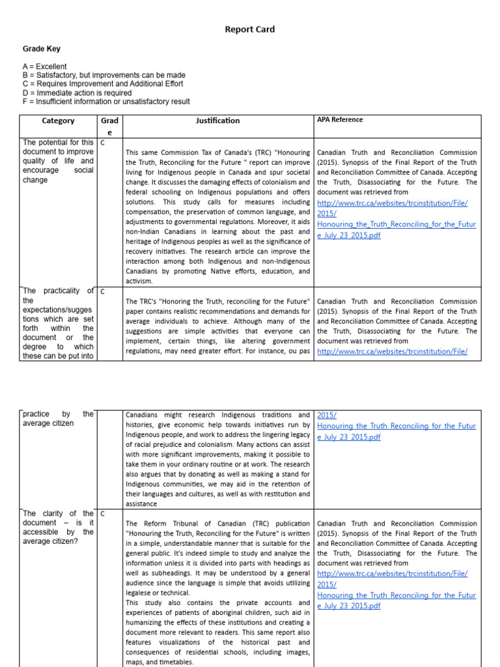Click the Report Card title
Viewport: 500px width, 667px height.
coord(250,29)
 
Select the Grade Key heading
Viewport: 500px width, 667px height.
coord(42,49)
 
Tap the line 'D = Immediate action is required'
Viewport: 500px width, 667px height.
coord(77,93)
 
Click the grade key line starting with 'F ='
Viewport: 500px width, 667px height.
coord(106,102)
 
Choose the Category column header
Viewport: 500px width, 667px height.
coord(58,121)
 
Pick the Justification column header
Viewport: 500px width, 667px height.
coord(217,121)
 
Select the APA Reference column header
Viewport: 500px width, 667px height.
coord(340,120)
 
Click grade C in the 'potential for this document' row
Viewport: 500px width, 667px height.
coord(103,143)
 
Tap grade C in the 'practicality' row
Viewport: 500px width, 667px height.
coord(103,292)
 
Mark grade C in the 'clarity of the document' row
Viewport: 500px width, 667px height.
coord(103,514)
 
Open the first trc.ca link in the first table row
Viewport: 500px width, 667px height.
coord(392,203)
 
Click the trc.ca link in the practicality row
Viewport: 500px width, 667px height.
coord(392,351)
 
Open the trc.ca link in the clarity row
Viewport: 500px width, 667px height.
coord(392,573)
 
